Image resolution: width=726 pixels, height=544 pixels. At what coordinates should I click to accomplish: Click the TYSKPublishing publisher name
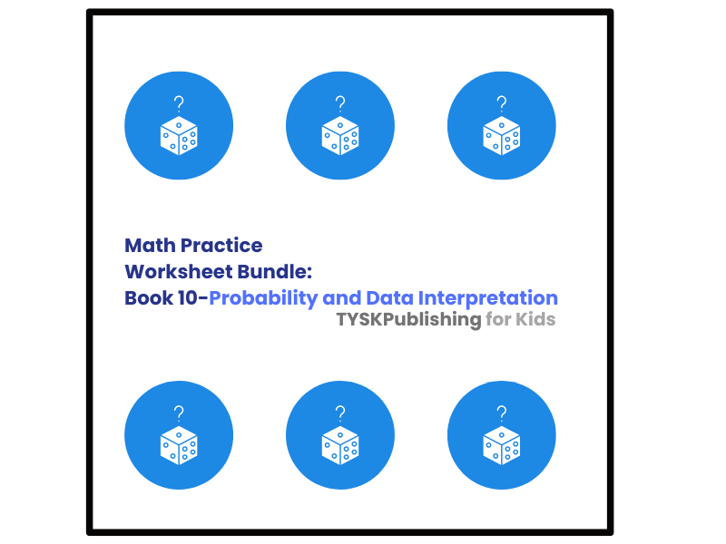point(408,320)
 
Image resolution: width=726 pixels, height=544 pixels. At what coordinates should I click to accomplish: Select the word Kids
point(535,320)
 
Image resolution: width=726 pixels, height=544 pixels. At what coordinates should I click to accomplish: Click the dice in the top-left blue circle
point(179,136)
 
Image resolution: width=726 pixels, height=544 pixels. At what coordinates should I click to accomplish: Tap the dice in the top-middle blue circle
point(340,136)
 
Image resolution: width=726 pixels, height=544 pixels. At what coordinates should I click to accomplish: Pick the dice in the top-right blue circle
point(502,136)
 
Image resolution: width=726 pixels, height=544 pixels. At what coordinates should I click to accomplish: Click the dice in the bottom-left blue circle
point(179,445)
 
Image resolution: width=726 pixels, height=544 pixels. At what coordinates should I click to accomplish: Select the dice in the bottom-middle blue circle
point(340,445)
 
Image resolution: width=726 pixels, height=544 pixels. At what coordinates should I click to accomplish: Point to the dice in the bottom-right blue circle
point(502,445)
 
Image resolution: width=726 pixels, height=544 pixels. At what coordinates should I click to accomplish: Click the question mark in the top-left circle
point(179,102)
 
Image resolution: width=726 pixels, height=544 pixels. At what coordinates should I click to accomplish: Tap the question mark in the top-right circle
point(502,102)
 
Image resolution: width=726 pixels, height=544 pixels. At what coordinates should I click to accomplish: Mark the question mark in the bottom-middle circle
point(340,412)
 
